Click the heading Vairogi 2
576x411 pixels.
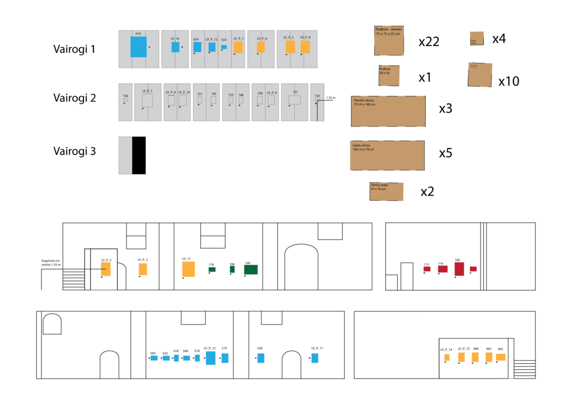(x=75, y=98)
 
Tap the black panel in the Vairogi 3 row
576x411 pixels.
(x=139, y=155)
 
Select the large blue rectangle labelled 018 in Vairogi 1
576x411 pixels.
(x=138, y=47)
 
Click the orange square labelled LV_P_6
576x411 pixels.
(x=260, y=47)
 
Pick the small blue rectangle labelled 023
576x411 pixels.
(x=224, y=47)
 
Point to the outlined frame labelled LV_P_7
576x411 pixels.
(x=147, y=101)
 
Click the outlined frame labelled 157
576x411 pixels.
(x=295, y=100)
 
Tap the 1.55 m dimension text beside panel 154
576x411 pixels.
(x=330, y=98)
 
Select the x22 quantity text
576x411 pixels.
(x=429, y=42)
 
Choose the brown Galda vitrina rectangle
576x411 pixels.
(x=387, y=155)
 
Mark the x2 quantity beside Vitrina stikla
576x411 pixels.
(x=427, y=192)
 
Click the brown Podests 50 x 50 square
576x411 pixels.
(x=389, y=75)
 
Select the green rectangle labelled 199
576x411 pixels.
(x=251, y=270)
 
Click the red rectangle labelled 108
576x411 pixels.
(x=459, y=269)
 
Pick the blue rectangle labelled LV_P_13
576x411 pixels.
(x=210, y=358)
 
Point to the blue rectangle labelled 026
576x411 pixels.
(x=261, y=358)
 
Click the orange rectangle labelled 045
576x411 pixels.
(x=501, y=357)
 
